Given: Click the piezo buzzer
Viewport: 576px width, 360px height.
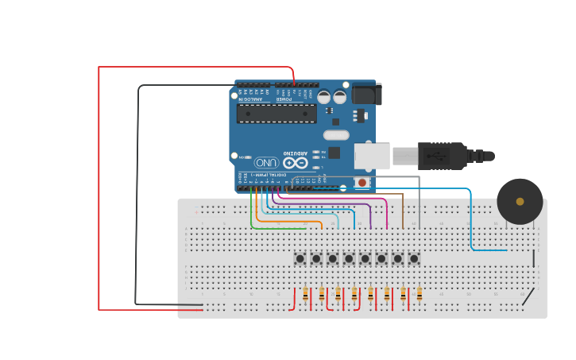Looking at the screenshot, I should tap(520, 201).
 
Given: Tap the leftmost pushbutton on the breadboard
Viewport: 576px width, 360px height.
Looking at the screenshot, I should tap(300, 258).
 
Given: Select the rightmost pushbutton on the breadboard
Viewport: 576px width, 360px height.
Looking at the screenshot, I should tap(414, 258).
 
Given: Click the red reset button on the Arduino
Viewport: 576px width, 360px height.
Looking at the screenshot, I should tap(362, 182).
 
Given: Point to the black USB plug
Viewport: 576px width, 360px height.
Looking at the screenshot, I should tap(441, 157).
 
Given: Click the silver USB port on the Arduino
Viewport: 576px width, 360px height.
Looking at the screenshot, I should tap(371, 156).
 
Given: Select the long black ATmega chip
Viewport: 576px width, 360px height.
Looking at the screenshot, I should tap(276, 114).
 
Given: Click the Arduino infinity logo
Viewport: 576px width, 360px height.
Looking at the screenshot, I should tap(296, 162).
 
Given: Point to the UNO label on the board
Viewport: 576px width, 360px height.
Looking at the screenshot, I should tap(266, 162).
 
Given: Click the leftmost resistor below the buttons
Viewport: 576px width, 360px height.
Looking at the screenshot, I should tap(305, 295).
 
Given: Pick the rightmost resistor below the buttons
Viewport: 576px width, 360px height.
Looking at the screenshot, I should tap(419, 295).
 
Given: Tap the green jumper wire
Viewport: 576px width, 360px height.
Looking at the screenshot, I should tap(253, 215).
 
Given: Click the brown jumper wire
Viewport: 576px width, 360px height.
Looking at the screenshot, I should tap(403, 208).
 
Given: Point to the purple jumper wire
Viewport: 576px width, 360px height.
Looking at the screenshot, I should tap(370, 213).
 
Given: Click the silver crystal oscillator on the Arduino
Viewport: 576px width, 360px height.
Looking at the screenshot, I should tap(336, 135).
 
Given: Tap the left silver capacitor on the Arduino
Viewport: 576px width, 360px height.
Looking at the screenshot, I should tap(324, 97).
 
